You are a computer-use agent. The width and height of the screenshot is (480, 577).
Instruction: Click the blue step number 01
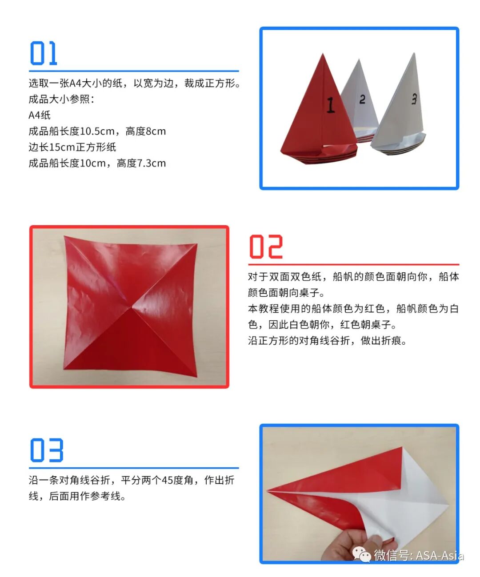point(44,54)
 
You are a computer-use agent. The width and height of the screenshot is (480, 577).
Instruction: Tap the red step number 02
point(266,247)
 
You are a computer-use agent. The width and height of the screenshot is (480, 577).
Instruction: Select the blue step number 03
point(47,450)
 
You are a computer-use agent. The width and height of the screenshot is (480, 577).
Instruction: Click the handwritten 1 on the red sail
point(330,105)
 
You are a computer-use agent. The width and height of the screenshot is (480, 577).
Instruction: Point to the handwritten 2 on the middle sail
point(362,99)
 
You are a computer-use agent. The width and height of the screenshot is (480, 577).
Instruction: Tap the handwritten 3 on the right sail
point(414,99)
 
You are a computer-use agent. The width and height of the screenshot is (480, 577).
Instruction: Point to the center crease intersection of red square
point(132,306)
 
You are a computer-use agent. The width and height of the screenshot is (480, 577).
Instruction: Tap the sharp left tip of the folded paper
point(267,492)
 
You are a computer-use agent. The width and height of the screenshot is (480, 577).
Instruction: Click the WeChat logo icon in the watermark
point(361,555)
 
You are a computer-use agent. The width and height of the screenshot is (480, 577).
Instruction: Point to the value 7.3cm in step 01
point(152,163)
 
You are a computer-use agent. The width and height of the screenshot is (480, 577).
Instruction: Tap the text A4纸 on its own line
point(40,115)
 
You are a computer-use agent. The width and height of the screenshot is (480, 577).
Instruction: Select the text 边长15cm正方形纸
point(72,147)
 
